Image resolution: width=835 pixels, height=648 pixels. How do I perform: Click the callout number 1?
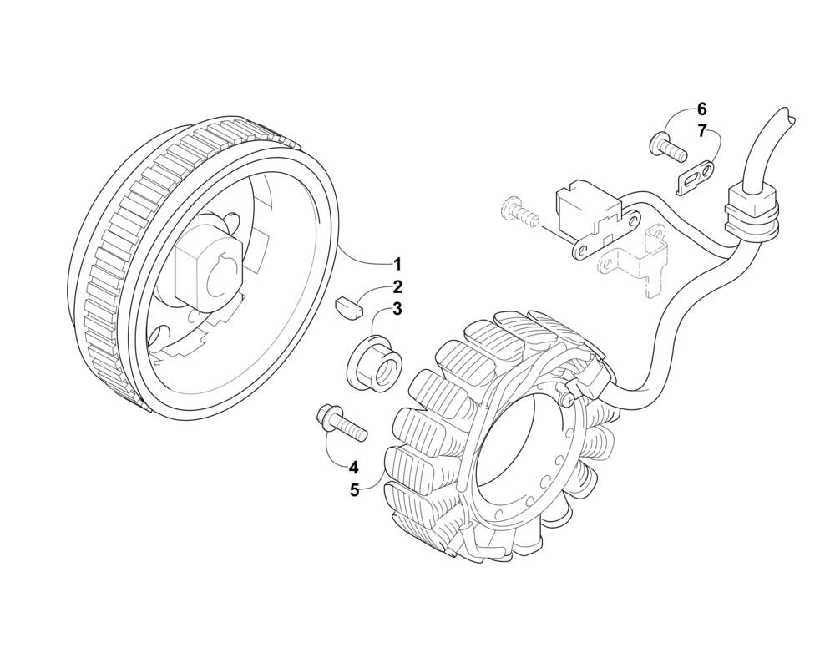[x=397, y=264]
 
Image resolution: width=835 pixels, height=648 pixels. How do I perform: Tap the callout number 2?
[x=397, y=286]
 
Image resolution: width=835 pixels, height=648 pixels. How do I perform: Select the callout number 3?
[x=397, y=309]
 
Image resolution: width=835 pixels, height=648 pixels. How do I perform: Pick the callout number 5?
[x=354, y=490]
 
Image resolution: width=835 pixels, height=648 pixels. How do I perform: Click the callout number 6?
[x=701, y=109]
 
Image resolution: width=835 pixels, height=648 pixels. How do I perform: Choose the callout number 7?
[x=701, y=130]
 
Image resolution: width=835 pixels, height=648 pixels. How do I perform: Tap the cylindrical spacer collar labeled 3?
[x=376, y=365]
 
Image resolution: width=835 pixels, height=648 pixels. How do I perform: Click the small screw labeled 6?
[x=665, y=148]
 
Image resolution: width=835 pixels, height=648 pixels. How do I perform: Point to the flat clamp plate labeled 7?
[x=696, y=176]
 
